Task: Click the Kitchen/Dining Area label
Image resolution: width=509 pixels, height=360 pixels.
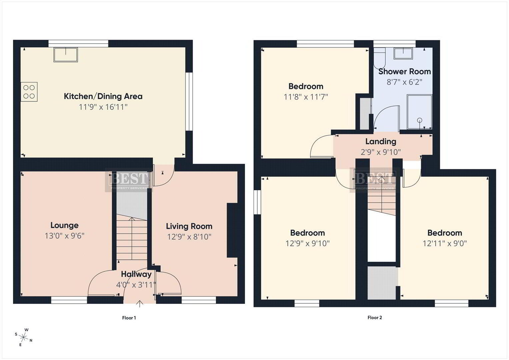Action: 103,96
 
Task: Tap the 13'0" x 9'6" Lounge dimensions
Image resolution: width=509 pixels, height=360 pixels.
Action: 65,236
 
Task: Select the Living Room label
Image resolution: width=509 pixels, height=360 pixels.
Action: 189,226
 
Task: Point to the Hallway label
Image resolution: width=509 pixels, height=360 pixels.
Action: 136,274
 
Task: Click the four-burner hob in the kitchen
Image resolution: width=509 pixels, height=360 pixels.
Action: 29,92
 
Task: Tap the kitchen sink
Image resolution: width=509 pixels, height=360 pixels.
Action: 66,55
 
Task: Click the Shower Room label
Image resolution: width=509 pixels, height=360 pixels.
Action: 404,71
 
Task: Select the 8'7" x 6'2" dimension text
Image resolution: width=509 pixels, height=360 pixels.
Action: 404,82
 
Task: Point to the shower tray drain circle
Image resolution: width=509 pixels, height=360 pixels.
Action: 420,120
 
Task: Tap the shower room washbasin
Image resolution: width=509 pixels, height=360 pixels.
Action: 403,54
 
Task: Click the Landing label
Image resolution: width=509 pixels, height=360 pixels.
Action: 381,141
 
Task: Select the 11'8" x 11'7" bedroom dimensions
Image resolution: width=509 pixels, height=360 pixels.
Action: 306,97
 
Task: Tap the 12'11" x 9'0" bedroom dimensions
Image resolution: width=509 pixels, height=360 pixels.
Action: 445,243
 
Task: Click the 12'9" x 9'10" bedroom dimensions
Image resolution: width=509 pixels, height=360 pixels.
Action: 307,243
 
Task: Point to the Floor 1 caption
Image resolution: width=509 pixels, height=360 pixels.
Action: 129,318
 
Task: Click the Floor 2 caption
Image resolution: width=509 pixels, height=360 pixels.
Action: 375,317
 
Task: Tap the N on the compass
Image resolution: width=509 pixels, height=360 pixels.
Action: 31,340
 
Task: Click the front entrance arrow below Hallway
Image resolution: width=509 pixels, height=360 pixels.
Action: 140,304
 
